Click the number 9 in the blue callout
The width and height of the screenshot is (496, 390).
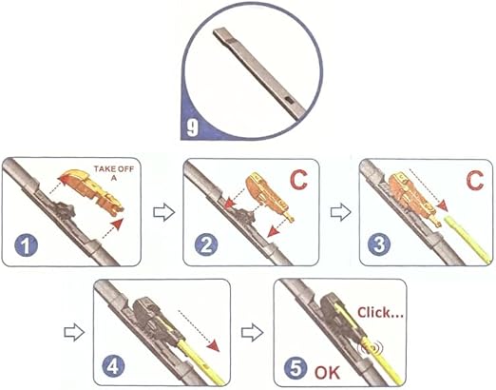(193, 128)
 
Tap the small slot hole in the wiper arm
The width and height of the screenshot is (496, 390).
(289, 101)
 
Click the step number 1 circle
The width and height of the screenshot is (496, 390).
(26, 245)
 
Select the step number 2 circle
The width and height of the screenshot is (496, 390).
(206, 244)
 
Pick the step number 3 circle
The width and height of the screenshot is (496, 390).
(379, 245)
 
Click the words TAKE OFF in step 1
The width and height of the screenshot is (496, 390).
(114, 169)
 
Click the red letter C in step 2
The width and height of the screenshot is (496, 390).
(298, 180)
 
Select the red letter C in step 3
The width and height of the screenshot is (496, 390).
(474, 180)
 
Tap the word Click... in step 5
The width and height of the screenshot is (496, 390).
(380, 313)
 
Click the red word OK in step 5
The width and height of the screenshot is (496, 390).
(327, 372)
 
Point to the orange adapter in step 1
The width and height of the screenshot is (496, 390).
(91, 190)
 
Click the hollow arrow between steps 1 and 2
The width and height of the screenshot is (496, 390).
(163, 213)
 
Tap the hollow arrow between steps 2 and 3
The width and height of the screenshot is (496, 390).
(341, 213)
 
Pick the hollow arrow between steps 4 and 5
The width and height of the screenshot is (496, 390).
(252, 333)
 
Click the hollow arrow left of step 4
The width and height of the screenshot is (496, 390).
(74, 333)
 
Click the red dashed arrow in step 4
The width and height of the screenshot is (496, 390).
(199, 331)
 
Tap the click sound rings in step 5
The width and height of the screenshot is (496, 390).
(371, 347)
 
